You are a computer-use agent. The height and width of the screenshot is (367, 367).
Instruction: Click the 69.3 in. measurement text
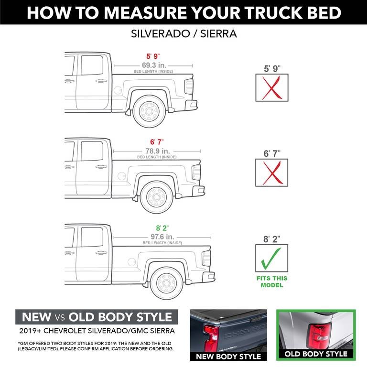[x=152, y=65]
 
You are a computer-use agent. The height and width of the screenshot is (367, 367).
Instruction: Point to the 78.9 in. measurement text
[x=157, y=151]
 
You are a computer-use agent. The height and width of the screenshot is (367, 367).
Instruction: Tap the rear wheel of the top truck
[x=148, y=111]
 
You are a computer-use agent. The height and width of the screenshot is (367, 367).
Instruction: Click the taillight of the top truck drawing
[x=189, y=86]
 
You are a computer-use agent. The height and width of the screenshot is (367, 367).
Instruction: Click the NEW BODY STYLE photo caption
[x=228, y=356]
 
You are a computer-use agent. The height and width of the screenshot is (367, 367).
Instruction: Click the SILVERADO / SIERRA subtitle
[x=183, y=35]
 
